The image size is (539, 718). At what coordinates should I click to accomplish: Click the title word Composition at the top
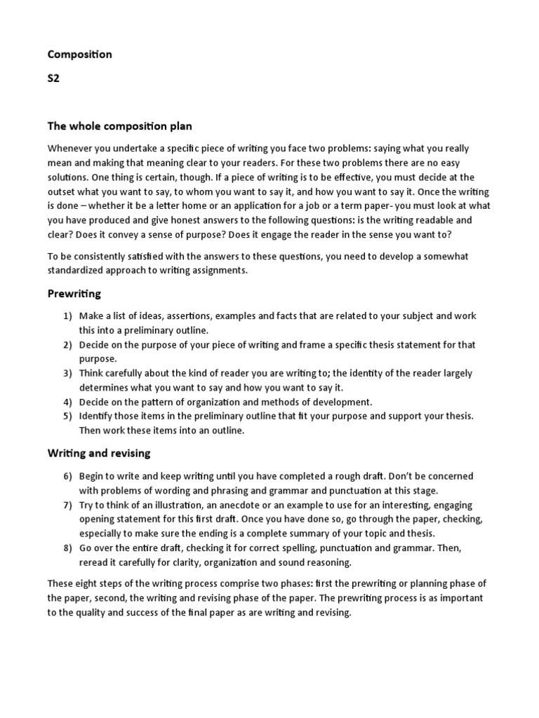(79, 54)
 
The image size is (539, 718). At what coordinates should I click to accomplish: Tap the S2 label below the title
(53, 79)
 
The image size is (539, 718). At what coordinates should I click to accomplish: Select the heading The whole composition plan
(119, 126)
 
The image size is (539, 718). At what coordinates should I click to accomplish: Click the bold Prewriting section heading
(74, 293)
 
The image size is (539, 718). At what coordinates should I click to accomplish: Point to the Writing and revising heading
(99, 454)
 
